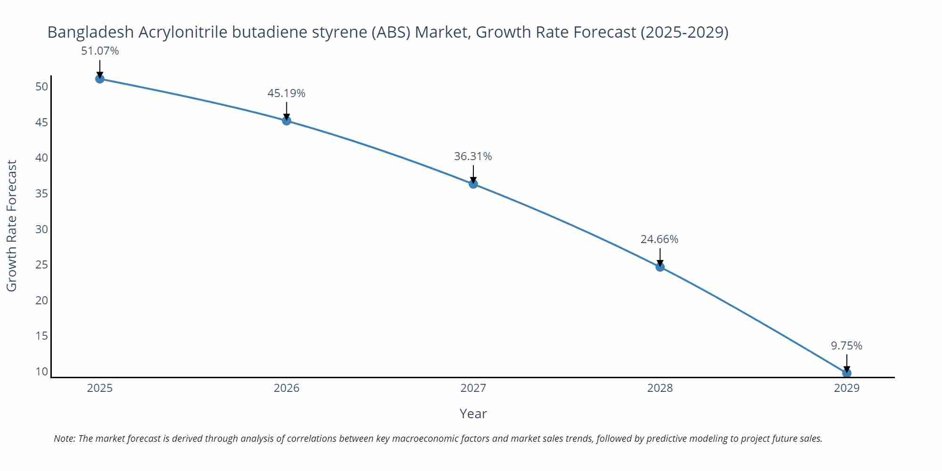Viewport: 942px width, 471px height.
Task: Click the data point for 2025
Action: pos(100,79)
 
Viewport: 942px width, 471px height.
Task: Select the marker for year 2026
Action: pos(286,121)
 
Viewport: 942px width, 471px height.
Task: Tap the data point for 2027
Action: pos(473,184)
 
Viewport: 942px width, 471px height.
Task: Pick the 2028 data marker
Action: pos(660,267)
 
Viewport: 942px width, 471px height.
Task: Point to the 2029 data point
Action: pos(846,373)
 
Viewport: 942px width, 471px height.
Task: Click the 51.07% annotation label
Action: pos(100,51)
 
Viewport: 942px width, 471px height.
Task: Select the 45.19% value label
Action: pos(286,93)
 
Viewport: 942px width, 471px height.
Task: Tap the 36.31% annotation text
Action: pos(473,156)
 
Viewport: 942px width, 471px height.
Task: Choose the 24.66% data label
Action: pos(659,239)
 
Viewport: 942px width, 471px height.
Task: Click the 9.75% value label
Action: pos(846,346)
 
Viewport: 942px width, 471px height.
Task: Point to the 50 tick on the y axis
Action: pos(42,87)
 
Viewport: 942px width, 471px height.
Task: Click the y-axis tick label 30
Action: pos(42,229)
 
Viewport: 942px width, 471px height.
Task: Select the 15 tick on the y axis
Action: pos(42,336)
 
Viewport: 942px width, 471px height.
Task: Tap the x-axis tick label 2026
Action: pos(286,388)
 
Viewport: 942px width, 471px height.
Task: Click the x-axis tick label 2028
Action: pos(660,388)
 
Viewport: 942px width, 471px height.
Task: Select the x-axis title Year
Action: pos(473,414)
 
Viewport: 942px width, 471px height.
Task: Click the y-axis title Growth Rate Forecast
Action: pos(12,226)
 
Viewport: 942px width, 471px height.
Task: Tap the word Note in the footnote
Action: pos(64,439)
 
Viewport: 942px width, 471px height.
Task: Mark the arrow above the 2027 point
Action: pos(473,174)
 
